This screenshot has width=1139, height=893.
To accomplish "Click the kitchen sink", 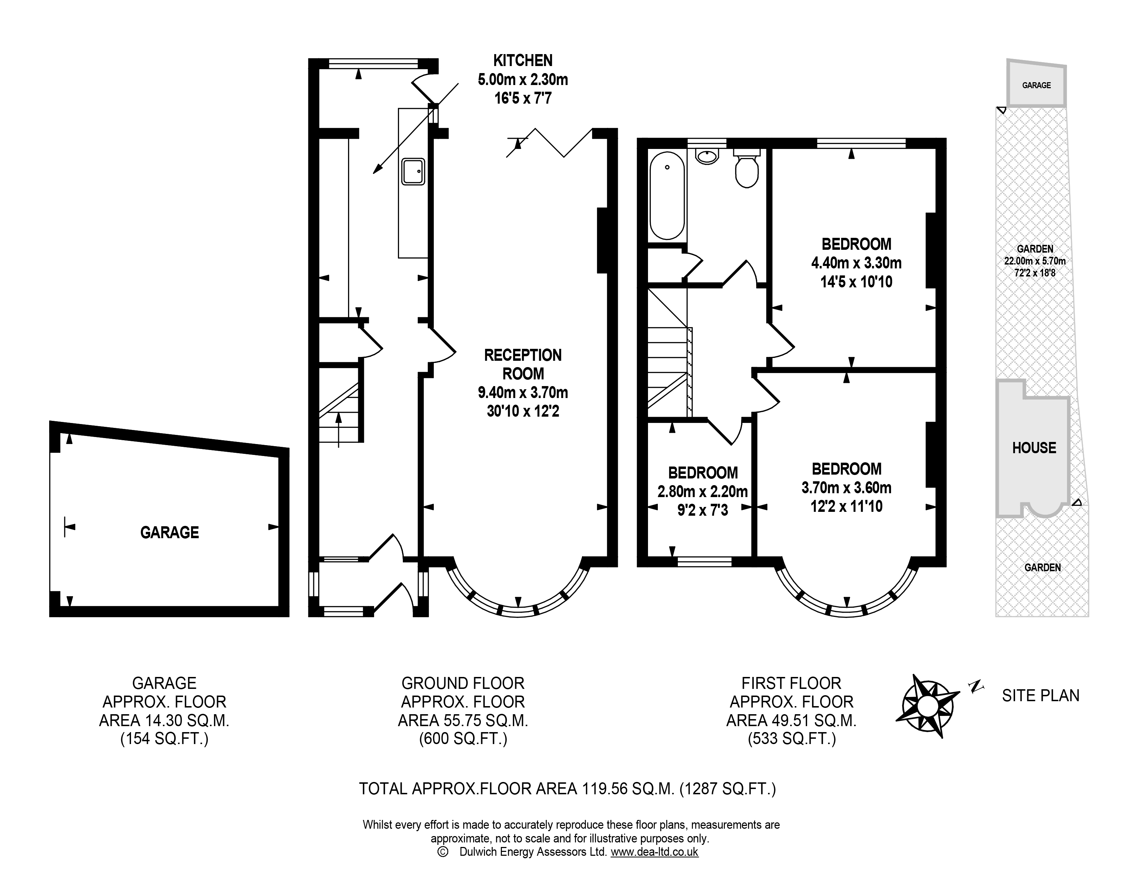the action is pos(413,171).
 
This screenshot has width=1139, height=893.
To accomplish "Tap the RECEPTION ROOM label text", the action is pos(523,364).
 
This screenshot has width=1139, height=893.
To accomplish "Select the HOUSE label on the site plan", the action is pos(1034,448).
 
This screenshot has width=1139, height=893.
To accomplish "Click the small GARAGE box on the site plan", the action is pos(1036,84).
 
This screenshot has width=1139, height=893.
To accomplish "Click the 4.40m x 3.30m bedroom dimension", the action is pos(856,262).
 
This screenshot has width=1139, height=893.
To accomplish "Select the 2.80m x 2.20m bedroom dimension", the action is pos(702,491).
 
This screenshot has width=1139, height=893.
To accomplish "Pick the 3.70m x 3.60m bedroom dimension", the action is pos(846,488).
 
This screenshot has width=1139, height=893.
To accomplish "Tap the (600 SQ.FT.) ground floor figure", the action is pos(463,739).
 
